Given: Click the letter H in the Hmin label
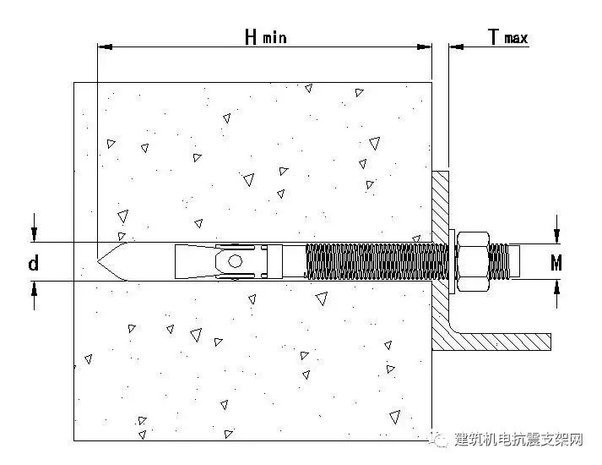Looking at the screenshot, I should point(251,36).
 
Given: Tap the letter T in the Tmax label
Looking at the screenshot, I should point(494,36).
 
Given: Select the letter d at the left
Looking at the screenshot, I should point(33,264).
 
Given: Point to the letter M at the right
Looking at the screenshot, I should point(556,264).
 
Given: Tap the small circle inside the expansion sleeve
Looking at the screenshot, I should point(236,261).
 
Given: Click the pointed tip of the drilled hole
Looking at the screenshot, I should point(101,261).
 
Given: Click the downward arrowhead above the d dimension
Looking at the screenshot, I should point(34,234).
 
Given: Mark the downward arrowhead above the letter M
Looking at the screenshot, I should point(557,234).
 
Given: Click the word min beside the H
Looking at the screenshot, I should point(274,39).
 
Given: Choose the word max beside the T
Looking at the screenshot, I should point(516,39).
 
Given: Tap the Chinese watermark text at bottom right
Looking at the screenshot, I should point(519,440).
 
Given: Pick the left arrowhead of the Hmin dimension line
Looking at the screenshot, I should point(103,47).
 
